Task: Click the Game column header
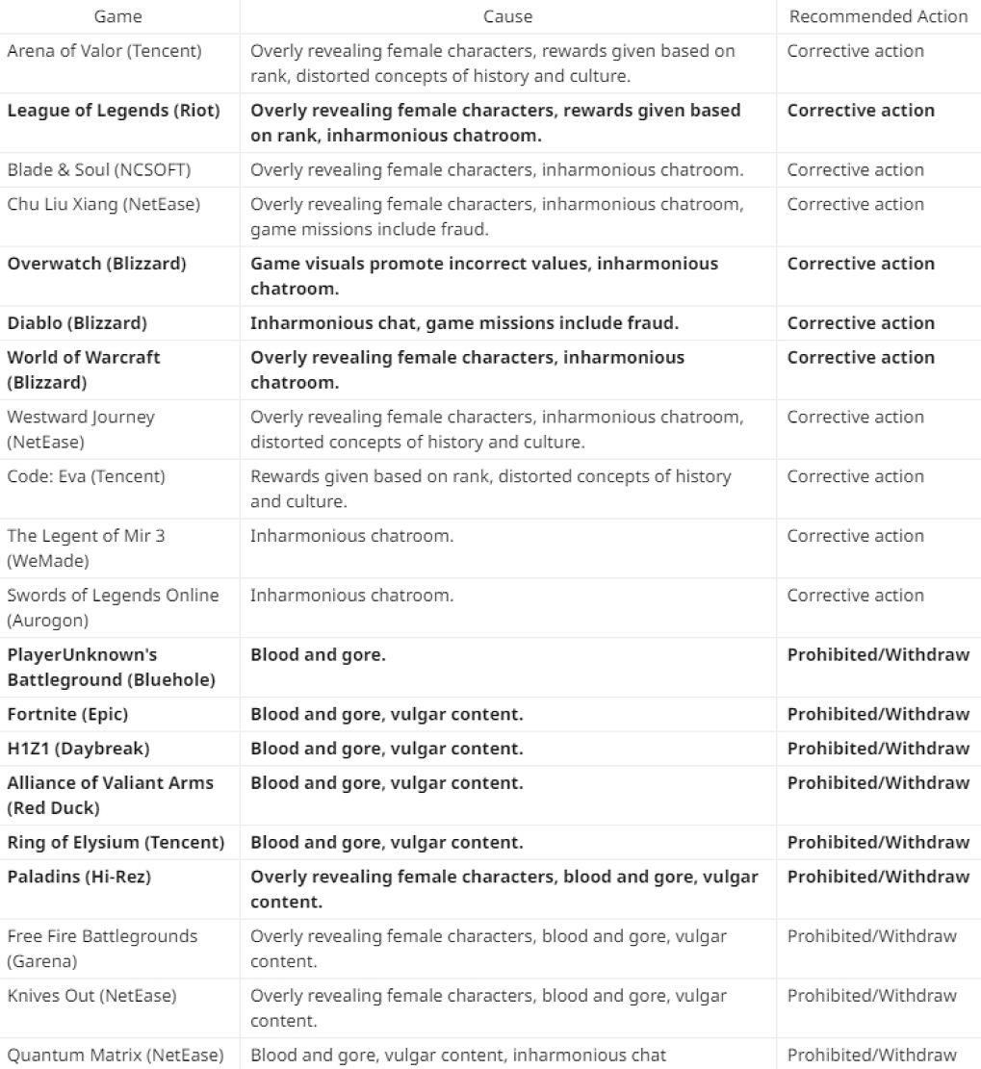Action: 119,16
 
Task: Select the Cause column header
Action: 507,16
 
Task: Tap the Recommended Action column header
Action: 878,16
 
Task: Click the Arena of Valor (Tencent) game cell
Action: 104,51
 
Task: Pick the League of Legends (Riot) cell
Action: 114,111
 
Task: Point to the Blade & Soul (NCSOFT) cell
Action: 99,170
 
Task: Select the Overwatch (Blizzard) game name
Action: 97,264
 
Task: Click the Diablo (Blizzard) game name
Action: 77,323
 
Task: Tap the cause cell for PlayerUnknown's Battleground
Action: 318,655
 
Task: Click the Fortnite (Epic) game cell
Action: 67,715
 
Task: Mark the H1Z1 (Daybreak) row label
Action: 78,749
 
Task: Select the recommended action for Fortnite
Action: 878,715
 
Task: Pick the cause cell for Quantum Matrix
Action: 458,1056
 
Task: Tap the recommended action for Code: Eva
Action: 855,476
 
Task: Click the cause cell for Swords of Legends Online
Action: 351,596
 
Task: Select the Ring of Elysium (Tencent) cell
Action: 116,843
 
